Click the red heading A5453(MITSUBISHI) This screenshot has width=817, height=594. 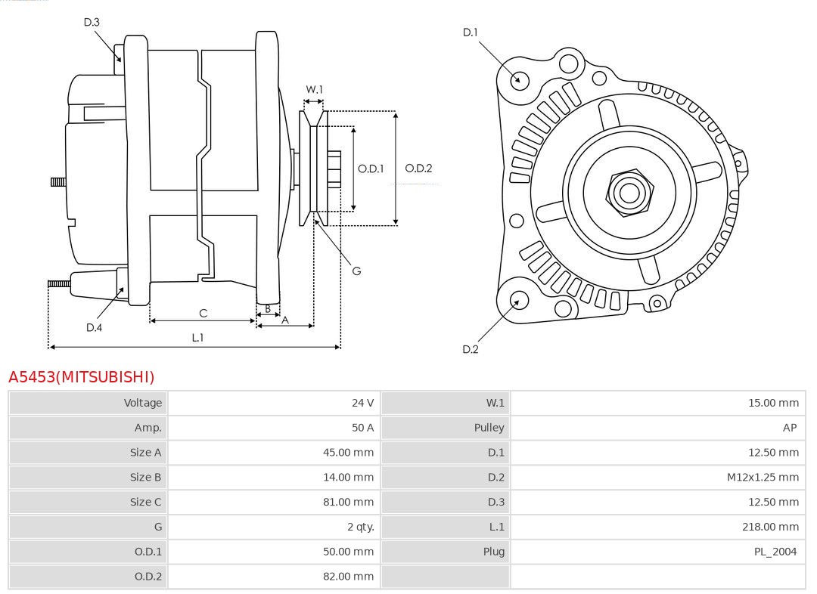[81, 376]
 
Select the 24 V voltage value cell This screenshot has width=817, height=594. [362, 403]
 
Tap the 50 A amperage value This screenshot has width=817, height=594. [362, 428]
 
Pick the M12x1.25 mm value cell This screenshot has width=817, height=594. [763, 477]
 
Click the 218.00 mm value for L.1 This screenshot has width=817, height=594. [770, 527]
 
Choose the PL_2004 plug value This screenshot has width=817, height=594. [775, 552]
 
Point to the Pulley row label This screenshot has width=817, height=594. [489, 428]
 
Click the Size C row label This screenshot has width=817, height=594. [145, 502]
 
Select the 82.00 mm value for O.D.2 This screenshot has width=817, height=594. [348, 576]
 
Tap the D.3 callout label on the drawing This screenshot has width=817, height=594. [92, 22]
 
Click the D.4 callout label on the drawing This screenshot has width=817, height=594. [94, 327]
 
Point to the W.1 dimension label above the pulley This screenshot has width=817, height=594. [314, 89]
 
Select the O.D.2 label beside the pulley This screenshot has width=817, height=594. [418, 168]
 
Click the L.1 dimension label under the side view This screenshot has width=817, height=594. [197, 338]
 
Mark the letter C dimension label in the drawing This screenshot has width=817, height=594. [203, 313]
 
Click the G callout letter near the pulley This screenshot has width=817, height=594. [356, 271]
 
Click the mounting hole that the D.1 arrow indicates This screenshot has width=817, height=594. [520, 79]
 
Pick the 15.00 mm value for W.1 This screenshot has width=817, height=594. [773, 403]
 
